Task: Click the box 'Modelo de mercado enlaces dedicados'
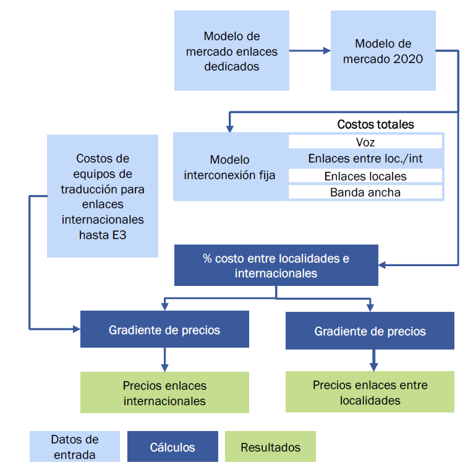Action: pos(231,51)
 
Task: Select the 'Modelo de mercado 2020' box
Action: pos(383,51)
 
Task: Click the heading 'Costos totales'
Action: pos(375,125)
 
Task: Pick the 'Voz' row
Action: pos(365,142)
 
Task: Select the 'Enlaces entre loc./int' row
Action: pos(365,159)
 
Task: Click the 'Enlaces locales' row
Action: pos(365,176)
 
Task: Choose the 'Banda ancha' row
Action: pos(365,193)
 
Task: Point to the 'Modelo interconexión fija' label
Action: pos(229,167)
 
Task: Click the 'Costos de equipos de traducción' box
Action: pos(103,196)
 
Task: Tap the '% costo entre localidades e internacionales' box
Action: pos(276,265)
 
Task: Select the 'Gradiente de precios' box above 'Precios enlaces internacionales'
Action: pos(164,330)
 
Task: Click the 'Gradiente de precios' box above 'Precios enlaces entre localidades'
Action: pos(370,331)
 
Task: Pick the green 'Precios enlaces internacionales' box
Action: pos(164,393)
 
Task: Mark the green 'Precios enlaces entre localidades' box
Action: pos(370,392)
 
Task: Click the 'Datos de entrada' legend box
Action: pos(74,446)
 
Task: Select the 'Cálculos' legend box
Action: pos(172,447)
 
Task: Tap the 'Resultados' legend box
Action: pos(270,447)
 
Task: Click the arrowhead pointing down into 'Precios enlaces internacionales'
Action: pos(164,367)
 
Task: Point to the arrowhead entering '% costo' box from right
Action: pos(383,265)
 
